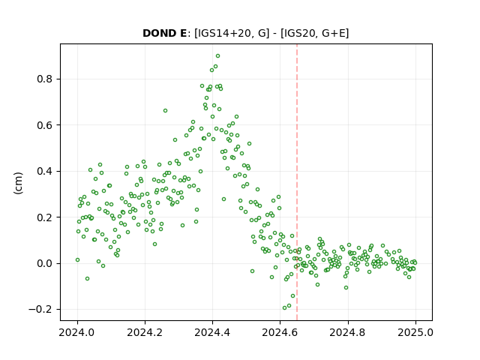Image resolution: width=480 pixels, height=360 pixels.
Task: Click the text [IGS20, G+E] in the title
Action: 314,33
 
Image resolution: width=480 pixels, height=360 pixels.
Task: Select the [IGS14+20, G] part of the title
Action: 232,33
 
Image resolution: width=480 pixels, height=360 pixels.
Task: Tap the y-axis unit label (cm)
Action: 18,183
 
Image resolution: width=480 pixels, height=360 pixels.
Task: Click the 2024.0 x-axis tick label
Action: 77,332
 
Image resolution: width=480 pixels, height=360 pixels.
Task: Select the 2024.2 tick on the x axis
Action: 145,332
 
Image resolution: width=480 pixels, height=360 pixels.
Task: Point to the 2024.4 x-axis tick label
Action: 212,332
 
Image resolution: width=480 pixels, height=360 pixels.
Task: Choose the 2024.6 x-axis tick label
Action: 280,332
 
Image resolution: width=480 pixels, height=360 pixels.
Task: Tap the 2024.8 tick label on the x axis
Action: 347,332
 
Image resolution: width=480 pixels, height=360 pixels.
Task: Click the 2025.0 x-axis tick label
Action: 415,332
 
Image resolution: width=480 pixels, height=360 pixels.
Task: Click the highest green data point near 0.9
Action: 217,56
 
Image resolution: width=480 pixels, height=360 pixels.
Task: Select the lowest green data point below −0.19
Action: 284,308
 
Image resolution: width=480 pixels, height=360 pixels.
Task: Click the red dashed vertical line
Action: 297,182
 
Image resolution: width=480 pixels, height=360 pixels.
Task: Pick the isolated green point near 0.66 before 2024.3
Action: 165,110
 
